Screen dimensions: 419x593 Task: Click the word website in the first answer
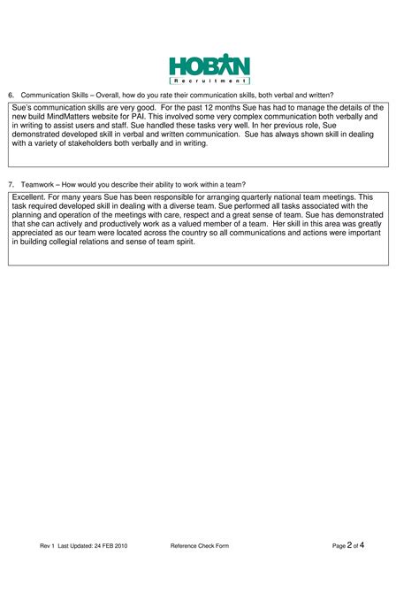(142, 116)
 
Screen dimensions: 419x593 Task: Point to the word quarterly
(270, 197)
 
